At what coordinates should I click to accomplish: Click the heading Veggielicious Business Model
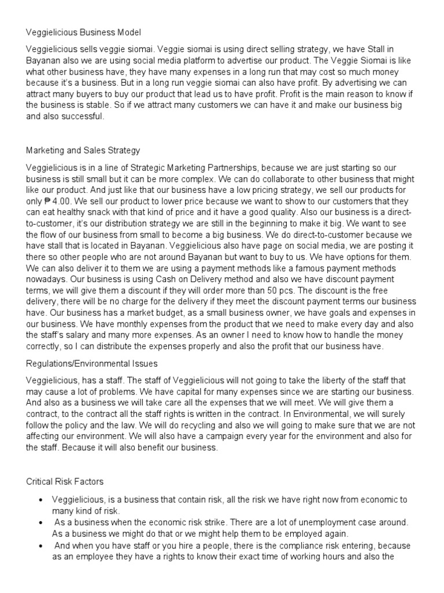point(84,32)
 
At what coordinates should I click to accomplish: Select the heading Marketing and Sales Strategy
point(83,151)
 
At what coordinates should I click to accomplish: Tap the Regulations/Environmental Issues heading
point(92,363)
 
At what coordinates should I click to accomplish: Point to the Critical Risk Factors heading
point(65,481)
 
